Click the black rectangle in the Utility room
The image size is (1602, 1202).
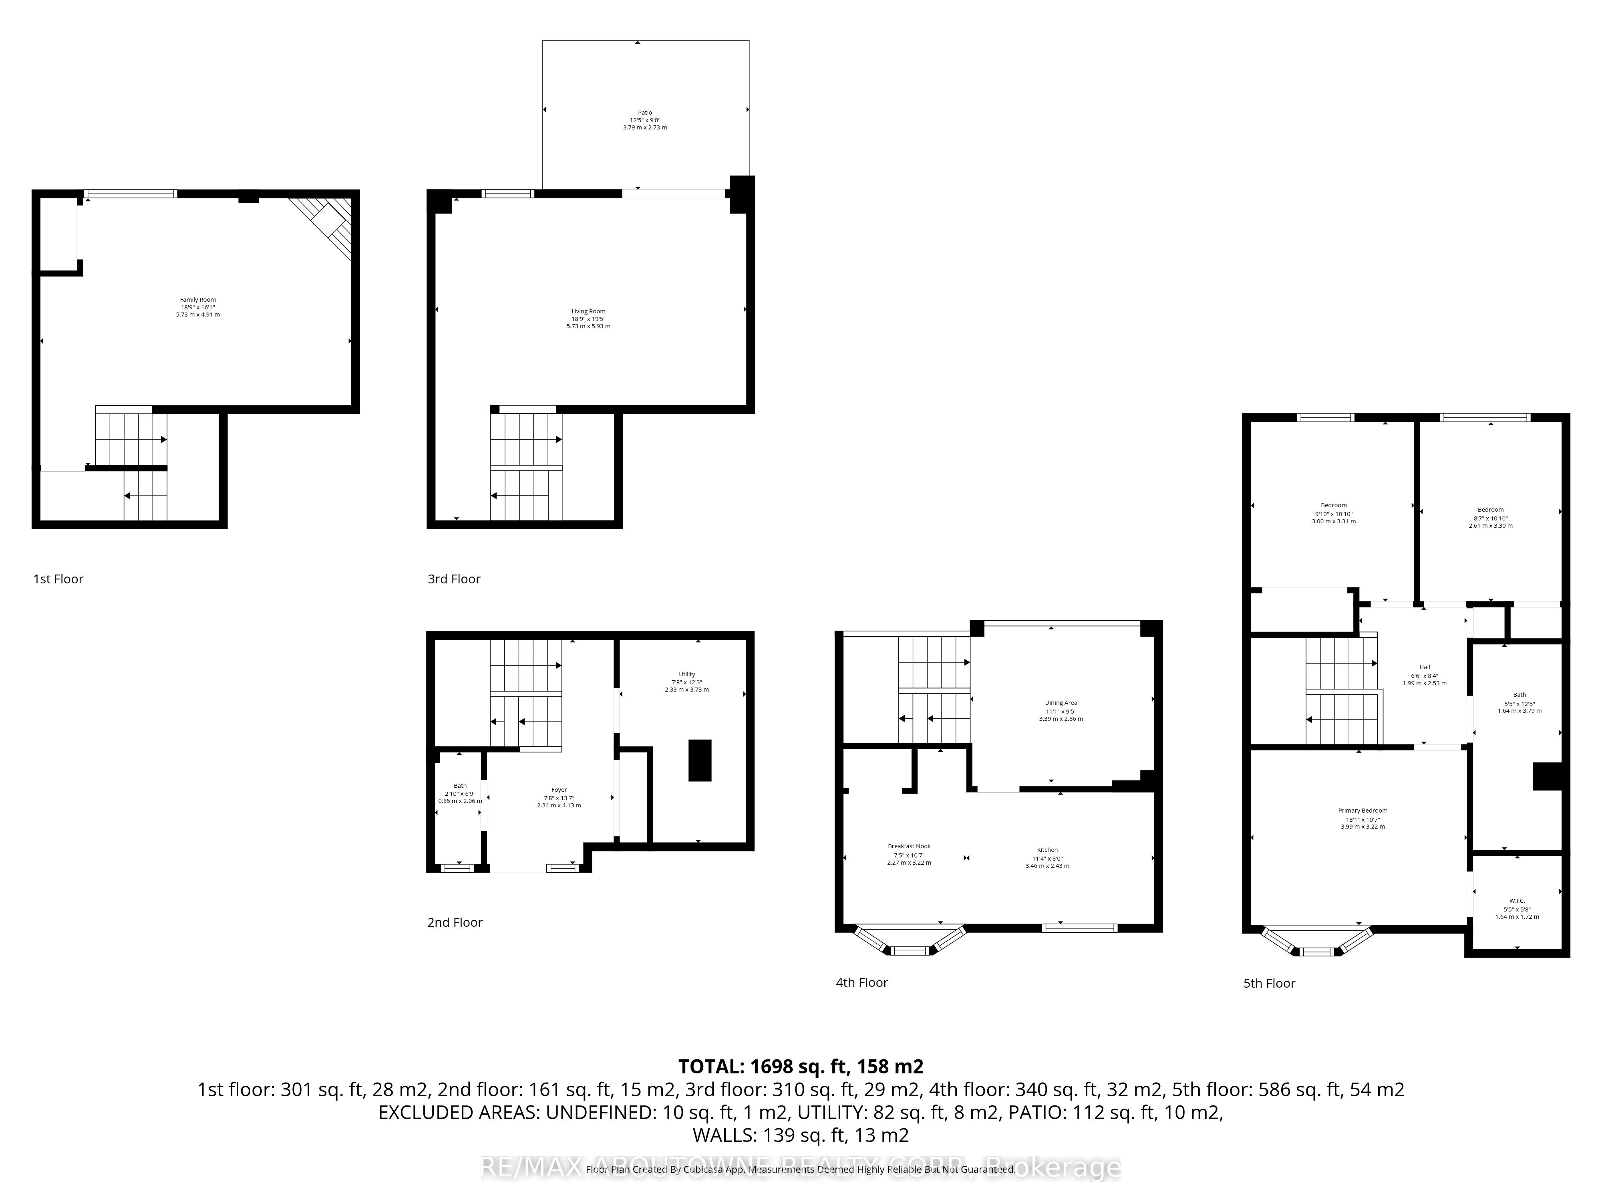[700, 760]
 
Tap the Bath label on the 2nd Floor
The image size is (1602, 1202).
[460, 785]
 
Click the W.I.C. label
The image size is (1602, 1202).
[1517, 901]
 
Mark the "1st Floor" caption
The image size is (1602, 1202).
[58, 579]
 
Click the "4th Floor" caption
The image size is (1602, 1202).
[861, 982]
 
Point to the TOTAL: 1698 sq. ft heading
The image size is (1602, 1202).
[800, 1067]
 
